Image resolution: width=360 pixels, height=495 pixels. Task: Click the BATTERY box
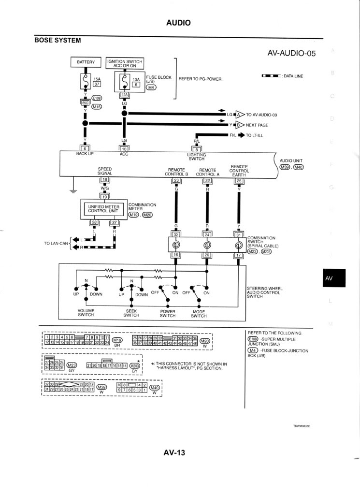(85, 62)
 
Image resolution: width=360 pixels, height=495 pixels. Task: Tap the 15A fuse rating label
(97, 78)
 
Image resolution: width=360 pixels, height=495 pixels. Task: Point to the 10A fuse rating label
(136, 79)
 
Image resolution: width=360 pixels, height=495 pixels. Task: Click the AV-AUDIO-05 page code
(291, 53)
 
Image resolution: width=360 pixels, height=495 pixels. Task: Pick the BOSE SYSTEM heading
(58, 40)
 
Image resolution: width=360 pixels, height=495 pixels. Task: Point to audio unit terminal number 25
(238, 181)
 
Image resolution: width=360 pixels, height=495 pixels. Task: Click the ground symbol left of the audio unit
(73, 189)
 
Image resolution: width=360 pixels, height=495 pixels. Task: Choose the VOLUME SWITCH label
(86, 312)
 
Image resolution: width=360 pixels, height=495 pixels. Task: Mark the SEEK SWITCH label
(131, 312)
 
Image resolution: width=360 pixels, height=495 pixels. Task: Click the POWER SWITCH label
(167, 313)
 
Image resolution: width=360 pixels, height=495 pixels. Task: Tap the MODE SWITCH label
(199, 313)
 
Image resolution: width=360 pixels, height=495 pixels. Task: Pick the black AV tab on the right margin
(329, 278)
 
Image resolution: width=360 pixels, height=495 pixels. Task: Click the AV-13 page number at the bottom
(174, 453)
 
